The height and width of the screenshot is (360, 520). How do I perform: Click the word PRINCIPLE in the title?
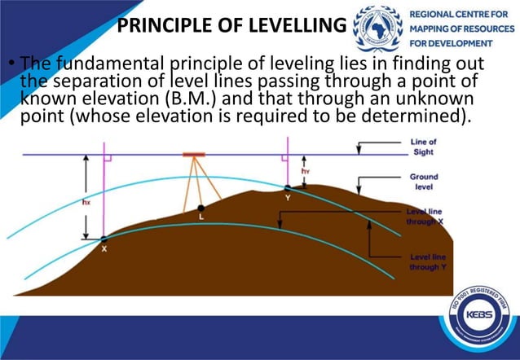(164, 25)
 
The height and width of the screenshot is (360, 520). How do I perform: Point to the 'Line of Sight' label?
(423, 147)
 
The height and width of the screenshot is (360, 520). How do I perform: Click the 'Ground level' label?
(423, 181)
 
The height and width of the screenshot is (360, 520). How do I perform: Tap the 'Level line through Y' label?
(425, 261)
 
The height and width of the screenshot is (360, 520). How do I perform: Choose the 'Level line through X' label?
(424, 215)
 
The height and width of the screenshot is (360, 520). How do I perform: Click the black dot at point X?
(104, 239)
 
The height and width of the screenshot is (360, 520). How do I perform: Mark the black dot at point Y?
(288, 188)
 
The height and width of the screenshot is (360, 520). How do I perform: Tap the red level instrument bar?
(194, 153)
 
